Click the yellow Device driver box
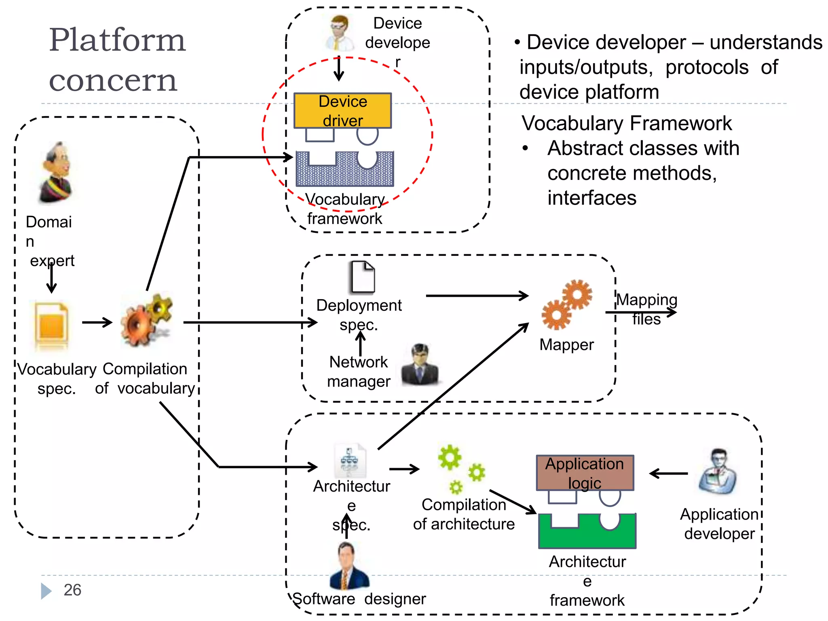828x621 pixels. (342, 110)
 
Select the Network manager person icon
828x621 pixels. (420, 364)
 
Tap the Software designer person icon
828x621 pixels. (348, 566)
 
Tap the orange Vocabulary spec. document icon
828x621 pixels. (51, 325)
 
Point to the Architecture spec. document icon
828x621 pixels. (350, 461)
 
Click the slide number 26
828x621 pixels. (72, 590)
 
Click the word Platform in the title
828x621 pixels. (117, 40)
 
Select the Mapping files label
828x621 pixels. (646, 309)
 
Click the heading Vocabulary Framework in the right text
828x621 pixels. (626, 123)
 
